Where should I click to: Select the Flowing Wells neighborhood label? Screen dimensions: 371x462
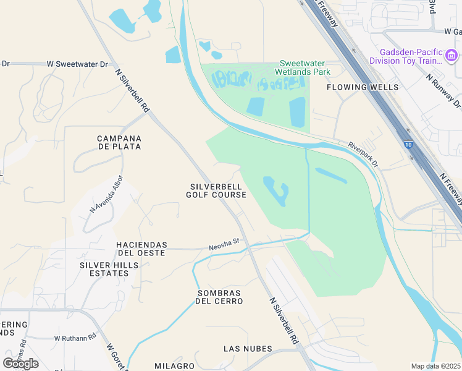pos(363,87)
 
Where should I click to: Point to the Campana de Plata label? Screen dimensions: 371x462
pos(119,142)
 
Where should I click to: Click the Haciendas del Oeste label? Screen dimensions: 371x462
pos(141,249)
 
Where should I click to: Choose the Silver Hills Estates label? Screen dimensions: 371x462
pos(109,270)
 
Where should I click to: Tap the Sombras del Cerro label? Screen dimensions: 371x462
pos(219,297)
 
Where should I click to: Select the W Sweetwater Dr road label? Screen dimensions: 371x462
pos(77,64)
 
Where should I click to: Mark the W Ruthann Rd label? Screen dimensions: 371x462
pos(75,338)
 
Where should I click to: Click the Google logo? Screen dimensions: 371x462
pos(21,363)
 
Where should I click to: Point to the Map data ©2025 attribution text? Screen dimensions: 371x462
pos(435,366)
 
